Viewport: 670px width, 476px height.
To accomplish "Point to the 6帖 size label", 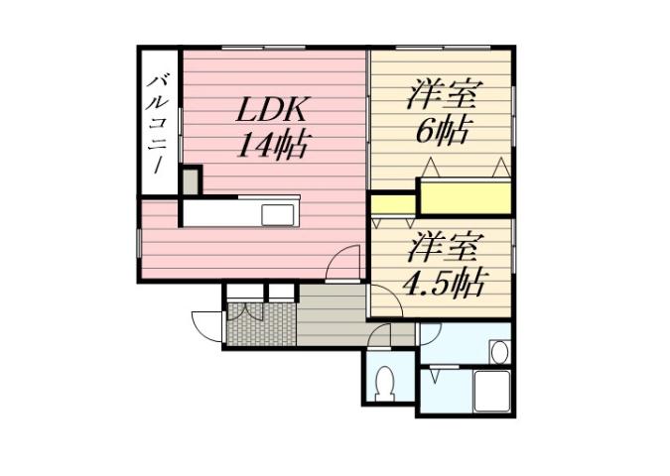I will coord(443,131).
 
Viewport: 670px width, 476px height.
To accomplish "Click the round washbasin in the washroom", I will coord(498,352).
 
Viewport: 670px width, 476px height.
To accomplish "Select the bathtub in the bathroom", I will coord(491,389).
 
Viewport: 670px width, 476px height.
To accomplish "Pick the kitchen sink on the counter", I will coord(278,214).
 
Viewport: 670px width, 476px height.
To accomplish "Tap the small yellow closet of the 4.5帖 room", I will coord(394,205).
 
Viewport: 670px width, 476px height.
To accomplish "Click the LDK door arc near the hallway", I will coord(343,262).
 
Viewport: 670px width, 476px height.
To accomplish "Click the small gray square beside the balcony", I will coord(190,180).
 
